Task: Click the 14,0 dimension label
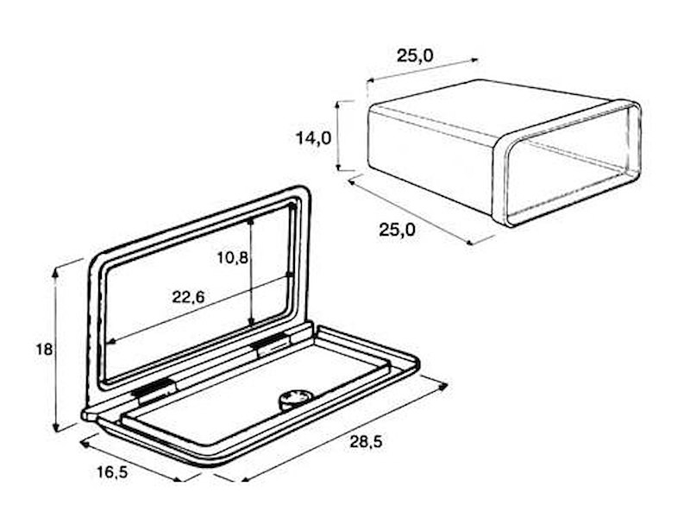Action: (313, 138)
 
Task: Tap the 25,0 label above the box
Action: (415, 55)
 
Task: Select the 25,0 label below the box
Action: (397, 230)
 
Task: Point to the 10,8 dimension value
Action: (232, 257)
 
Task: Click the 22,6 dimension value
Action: (188, 297)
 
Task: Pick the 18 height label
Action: (44, 350)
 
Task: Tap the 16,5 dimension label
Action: (112, 472)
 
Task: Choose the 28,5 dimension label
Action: (366, 441)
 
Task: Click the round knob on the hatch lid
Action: (295, 399)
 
